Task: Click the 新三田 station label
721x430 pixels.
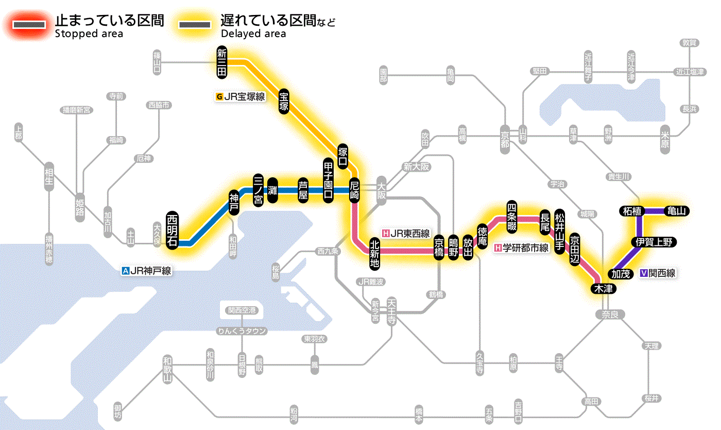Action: click(222, 63)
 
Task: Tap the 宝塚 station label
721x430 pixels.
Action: click(284, 101)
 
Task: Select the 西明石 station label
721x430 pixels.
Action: click(173, 230)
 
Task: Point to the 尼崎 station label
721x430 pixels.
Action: click(354, 190)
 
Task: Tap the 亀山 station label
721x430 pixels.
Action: click(676, 211)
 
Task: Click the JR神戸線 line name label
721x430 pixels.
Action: click(146, 270)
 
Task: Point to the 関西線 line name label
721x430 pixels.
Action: click(658, 273)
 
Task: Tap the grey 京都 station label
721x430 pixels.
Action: click(505, 137)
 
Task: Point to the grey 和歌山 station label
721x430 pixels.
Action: click(167, 369)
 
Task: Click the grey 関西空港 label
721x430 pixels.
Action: click(242, 310)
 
